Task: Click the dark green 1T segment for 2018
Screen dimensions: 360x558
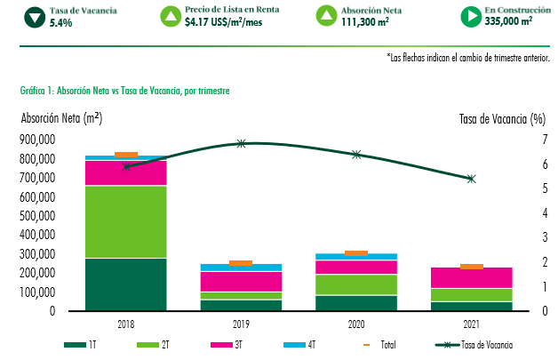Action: pyautogui.click(x=125, y=284)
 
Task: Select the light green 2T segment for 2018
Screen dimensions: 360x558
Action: pyautogui.click(x=125, y=221)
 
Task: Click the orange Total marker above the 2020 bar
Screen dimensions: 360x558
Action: pyautogui.click(x=355, y=253)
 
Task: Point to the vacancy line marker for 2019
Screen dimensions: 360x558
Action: pyautogui.click(x=241, y=143)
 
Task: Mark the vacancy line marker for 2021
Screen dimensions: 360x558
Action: pyautogui.click(x=471, y=179)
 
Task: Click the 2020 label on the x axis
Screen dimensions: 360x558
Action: pyautogui.click(x=355, y=324)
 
